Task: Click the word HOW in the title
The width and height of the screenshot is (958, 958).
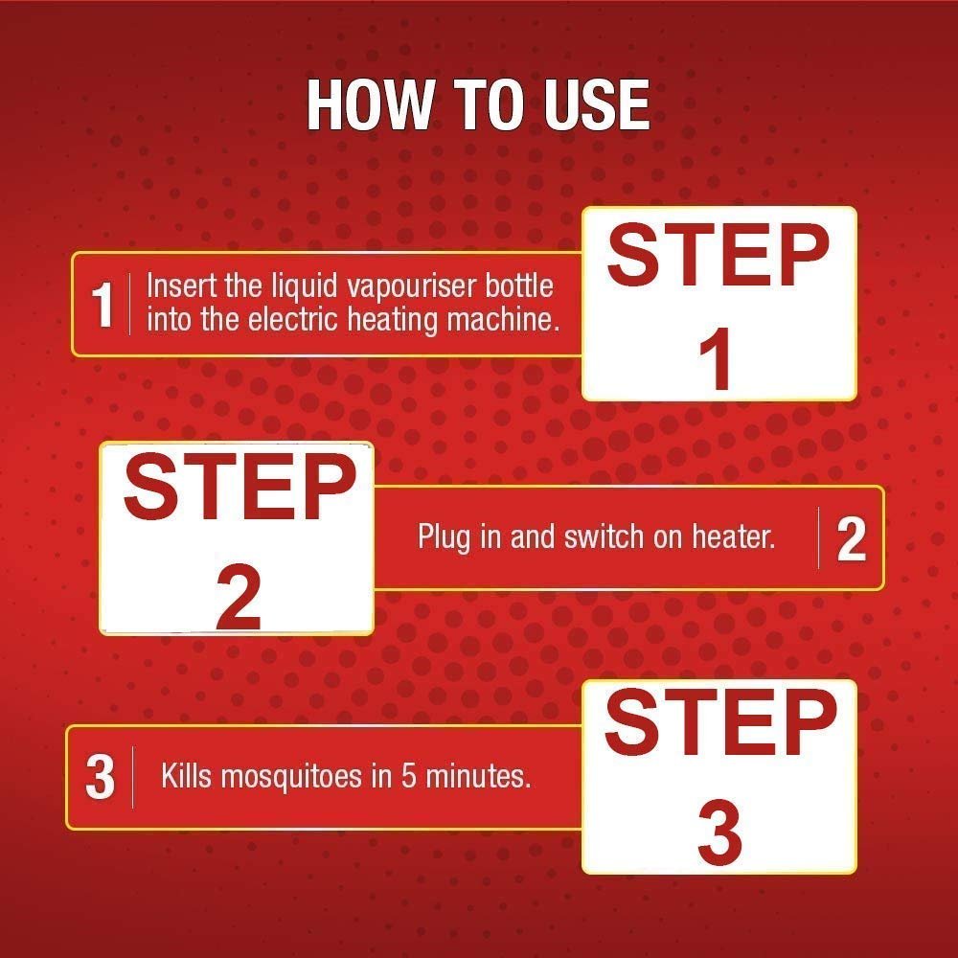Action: (370, 104)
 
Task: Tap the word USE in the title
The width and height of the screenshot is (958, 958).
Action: (597, 104)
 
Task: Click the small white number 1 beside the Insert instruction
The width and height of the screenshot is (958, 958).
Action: (103, 305)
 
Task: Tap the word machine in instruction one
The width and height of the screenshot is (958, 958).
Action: (503, 320)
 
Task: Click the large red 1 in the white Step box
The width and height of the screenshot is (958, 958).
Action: (715, 358)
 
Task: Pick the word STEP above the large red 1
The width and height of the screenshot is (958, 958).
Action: (718, 255)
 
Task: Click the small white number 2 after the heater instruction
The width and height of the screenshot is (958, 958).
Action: (851, 538)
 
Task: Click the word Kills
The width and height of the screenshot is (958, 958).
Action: (187, 777)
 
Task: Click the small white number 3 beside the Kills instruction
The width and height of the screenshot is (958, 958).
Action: (101, 777)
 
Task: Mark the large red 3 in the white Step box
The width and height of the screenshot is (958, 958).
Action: (719, 834)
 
